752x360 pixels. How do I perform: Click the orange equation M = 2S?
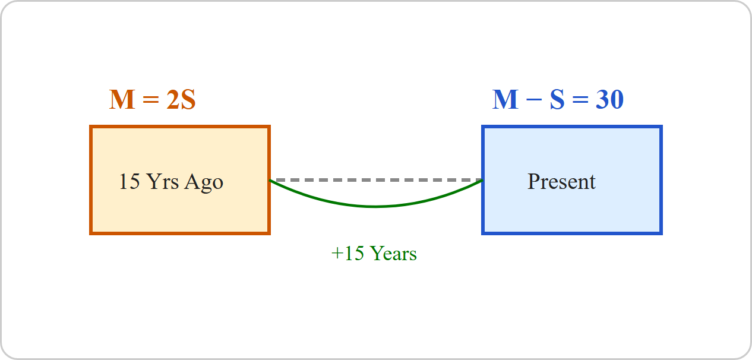(153, 100)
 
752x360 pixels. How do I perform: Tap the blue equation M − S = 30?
(558, 100)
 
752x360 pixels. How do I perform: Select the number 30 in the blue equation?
(609, 100)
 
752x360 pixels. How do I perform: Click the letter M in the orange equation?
(122, 100)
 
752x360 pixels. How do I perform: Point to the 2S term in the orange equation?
(181, 100)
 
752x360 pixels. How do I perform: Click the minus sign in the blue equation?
(534, 99)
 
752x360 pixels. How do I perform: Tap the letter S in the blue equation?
(557, 100)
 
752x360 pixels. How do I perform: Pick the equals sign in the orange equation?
(151, 99)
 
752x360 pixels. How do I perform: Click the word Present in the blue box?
(562, 182)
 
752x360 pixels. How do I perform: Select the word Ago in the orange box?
(204, 183)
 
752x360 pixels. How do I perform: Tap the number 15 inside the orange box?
(129, 182)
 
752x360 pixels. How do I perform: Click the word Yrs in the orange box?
(163, 182)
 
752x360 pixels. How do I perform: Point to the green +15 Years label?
(374, 254)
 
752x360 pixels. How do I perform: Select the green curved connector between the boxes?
(375, 206)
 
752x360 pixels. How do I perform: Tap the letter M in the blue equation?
(505, 100)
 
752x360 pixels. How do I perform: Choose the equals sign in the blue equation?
(580, 99)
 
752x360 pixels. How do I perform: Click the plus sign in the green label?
(337, 254)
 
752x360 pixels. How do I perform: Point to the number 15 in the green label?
(354, 254)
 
